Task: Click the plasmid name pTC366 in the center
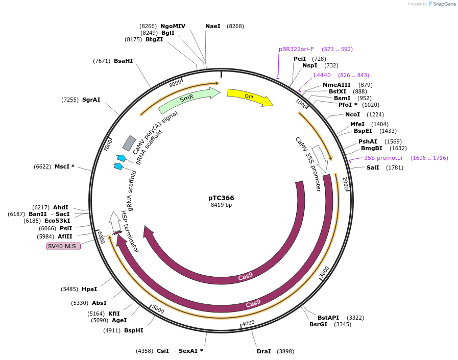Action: click(221, 198)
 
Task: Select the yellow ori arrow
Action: click(249, 97)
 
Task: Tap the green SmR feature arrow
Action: click(188, 100)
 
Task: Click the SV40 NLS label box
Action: click(63, 246)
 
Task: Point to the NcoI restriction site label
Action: click(352, 114)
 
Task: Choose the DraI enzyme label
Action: click(264, 351)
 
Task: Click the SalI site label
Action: click(373, 167)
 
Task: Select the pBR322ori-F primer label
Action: click(296, 49)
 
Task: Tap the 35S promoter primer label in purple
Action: click(383, 158)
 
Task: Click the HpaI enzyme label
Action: click(89, 289)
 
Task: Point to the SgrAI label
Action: click(91, 100)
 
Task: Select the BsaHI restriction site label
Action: click(123, 61)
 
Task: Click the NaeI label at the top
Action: click(213, 26)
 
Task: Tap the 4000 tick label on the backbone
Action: click(248, 323)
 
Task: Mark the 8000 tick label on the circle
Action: click(175, 83)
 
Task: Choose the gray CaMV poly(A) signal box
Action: click(129, 143)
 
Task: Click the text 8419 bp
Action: click(221, 205)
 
